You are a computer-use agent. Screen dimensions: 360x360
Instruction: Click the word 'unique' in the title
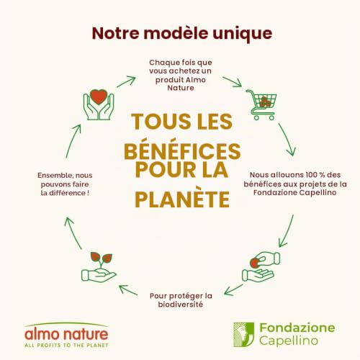pyautogui.click(x=243, y=34)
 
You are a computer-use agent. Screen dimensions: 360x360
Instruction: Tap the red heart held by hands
pyautogui.click(x=99, y=96)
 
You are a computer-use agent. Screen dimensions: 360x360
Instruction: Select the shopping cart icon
pyautogui.click(x=261, y=104)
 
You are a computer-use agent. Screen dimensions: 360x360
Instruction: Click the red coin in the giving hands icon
pyautogui.click(x=254, y=263)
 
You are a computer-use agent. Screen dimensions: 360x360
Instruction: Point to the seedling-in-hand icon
pyautogui.click(x=99, y=267)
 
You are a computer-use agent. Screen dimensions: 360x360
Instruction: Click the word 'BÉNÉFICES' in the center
pyautogui.click(x=182, y=151)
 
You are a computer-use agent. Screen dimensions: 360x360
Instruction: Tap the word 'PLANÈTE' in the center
pyautogui.click(x=182, y=199)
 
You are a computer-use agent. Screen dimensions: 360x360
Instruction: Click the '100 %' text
pyautogui.click(x=311, y=175)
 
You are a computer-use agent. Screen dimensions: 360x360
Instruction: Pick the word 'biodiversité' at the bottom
pyautogui.click(x=181, y=305)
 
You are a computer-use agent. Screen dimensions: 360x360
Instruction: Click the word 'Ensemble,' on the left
pyautogui.click(x=55, y=176)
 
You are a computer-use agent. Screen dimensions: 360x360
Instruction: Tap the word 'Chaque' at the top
pyautogui.click(x=164, y=63)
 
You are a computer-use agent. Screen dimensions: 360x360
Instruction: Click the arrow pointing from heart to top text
pyautogui.click(x=126, y=81)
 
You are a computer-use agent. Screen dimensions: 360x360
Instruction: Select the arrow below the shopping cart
pyautogui.click(x=287, y=140)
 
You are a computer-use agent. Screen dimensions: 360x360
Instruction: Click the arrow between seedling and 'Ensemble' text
pyautogui.click(x=73, y=233)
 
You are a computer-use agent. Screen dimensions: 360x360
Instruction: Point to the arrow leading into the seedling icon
pyautogui.click(x=128, y=289)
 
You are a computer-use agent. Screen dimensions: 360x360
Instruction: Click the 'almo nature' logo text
pyautogui.click(x=66, y=334)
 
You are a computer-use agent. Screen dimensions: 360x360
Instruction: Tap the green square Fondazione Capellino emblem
pyautogui.click(x=243, y=335)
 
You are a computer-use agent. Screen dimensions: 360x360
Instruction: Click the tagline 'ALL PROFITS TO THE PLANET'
pyautogui.click(x=66, y=346)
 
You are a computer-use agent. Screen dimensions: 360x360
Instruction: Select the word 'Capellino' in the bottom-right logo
pyautogui.click(x=289, y=341)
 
